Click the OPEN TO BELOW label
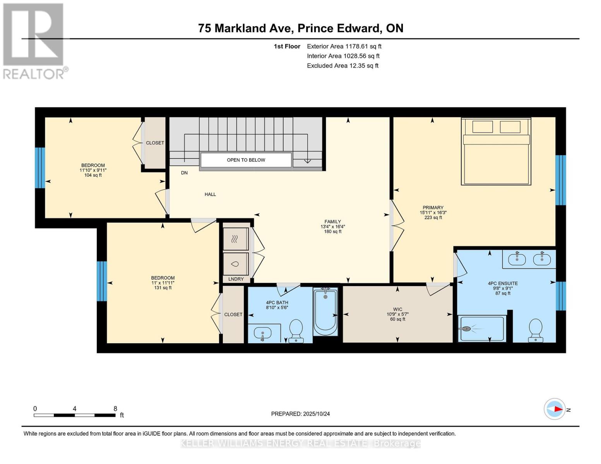(246, 160)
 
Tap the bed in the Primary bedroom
(496, 152)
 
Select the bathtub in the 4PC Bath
(325, 311)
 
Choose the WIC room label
(397, 309)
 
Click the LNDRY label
(236, 279)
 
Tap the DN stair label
(184, 173)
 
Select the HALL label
(210, 194)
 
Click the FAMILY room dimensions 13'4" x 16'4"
(332, 227)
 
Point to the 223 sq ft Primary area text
(433, 217)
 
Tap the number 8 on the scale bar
(115, 408)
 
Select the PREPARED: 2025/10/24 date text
(300, 414)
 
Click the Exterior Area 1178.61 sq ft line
(344, 46)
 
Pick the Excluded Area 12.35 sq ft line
(342, 66)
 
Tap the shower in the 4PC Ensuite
(482, 329)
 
